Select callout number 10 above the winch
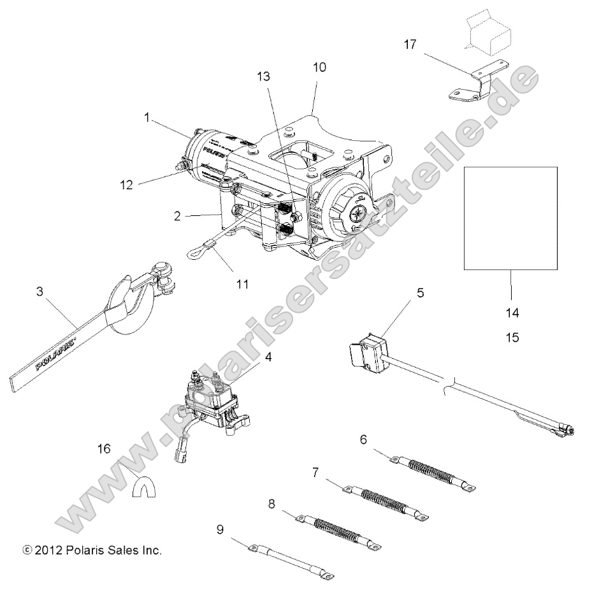coord(319,67)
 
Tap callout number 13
coord(263,76)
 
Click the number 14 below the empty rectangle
coord(512,313)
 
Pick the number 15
coord(512,338)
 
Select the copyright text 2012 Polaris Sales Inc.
coord(92,550)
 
